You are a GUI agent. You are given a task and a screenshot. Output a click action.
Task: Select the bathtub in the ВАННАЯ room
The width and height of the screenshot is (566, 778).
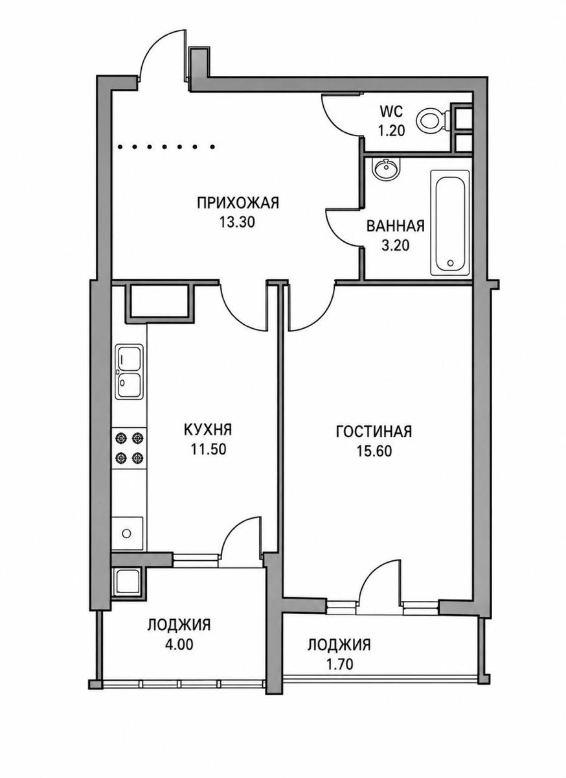click(x=449, y=222)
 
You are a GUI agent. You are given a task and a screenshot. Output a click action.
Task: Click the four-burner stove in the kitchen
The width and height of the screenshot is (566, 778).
click(x=129, y=449)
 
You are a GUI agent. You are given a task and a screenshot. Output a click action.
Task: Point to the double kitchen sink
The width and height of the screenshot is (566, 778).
click(x=130, y=371)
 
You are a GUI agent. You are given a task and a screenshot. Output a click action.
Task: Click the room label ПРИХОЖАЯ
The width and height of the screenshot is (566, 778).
click(x=238, y=203)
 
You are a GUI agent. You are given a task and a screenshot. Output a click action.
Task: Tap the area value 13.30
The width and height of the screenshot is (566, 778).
click(x=238, y=222)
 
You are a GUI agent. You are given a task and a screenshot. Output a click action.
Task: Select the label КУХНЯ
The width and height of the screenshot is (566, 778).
click(x=208, y=430)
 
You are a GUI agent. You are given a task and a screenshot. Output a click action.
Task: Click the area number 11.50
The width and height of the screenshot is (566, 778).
click(x=209, y=449)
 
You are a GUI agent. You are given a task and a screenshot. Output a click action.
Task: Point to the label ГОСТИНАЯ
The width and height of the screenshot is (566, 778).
click(x=374, y=431)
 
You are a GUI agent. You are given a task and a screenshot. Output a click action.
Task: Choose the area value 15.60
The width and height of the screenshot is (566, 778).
click(x=374, y=451)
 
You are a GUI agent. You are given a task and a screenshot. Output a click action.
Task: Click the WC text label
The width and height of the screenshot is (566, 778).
click(x=391, y=112)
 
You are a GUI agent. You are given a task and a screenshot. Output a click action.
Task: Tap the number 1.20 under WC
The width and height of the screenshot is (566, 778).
click(x=391, y=131)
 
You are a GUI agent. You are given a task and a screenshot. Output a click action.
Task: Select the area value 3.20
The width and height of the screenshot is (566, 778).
click(x=395, y=245)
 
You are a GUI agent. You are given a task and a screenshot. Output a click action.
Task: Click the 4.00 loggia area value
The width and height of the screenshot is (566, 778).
click(x=179, y=644)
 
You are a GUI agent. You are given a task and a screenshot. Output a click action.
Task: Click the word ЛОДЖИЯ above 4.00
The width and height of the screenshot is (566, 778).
click(x=179, y=625)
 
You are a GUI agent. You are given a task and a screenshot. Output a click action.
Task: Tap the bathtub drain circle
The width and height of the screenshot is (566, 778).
click(x=451, y=263)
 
